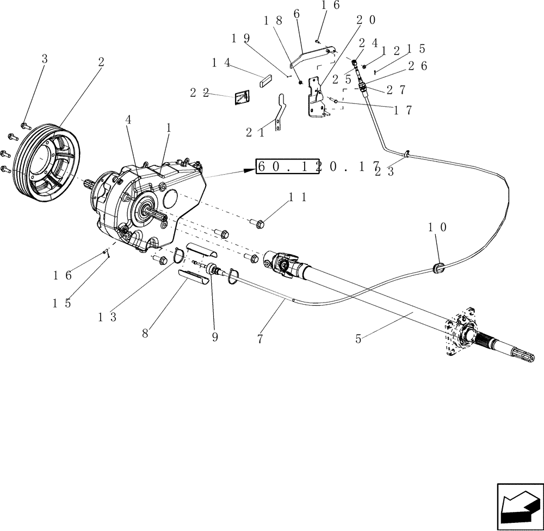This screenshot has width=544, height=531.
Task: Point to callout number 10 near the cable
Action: (438, 227)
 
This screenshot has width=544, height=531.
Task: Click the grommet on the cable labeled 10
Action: (438, 267)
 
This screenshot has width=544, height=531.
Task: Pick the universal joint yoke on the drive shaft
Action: (283, 264)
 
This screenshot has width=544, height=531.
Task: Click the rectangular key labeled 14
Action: (267, 81)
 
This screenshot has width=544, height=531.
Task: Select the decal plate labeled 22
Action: (242, 97)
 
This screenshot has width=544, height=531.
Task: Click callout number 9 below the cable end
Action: (215, 337)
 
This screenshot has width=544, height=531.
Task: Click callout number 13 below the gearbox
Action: (107, 317)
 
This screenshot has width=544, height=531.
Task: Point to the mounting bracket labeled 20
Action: (314, 98)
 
